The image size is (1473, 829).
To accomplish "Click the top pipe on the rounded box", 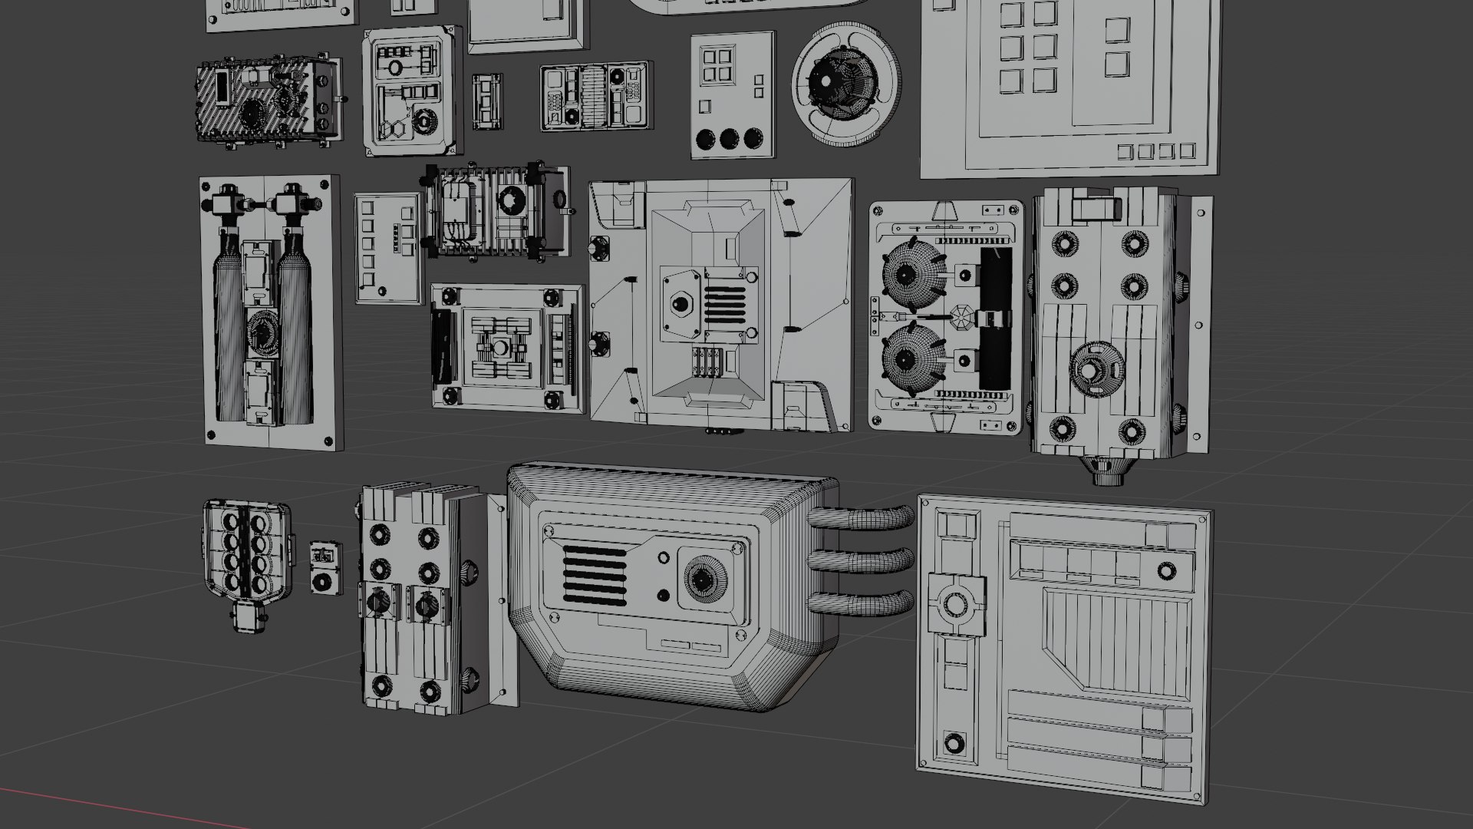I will (863, 517).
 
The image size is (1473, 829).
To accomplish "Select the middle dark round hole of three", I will (728, 139).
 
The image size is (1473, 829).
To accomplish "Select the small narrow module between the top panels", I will (486, 102).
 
